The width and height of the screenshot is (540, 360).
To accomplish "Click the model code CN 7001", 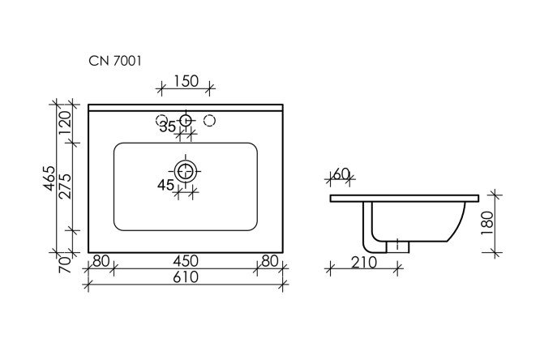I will pos(116,61).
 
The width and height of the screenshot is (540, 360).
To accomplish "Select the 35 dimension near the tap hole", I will pos(168,126).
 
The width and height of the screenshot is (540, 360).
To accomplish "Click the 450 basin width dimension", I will pos(186,262).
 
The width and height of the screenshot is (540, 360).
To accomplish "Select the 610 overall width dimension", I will pos(186,278).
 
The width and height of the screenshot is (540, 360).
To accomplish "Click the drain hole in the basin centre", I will pos(186,170).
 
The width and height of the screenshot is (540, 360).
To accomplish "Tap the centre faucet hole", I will pos(186,121).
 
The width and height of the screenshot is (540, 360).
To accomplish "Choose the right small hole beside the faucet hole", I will pos(210,121).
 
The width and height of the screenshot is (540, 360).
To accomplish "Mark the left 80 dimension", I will pos(101,262).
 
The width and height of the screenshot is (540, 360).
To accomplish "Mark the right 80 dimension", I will pos(270,262).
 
